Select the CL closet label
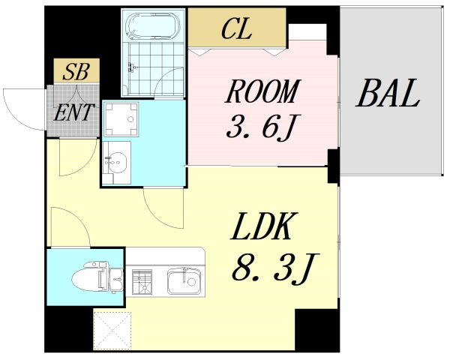point(236,30)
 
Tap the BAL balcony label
point(388,96)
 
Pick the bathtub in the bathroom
point(153,26)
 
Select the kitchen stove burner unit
point(142,283)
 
